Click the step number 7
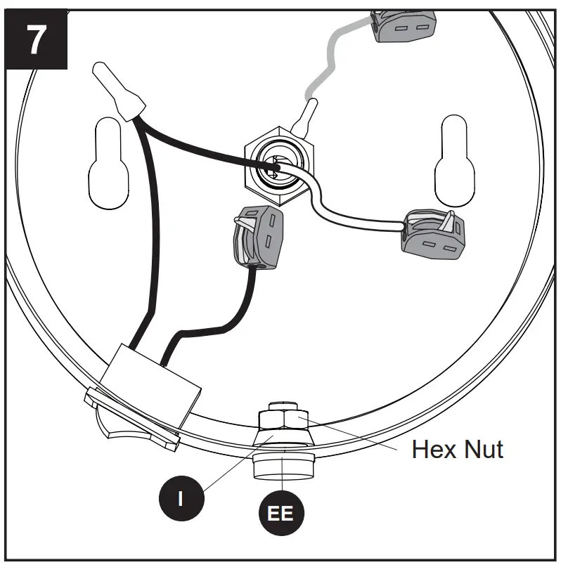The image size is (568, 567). click(35, 41)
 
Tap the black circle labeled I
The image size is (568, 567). click(180, 497)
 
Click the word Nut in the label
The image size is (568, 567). click(485, 448)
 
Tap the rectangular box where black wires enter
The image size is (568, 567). click(150, 384)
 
